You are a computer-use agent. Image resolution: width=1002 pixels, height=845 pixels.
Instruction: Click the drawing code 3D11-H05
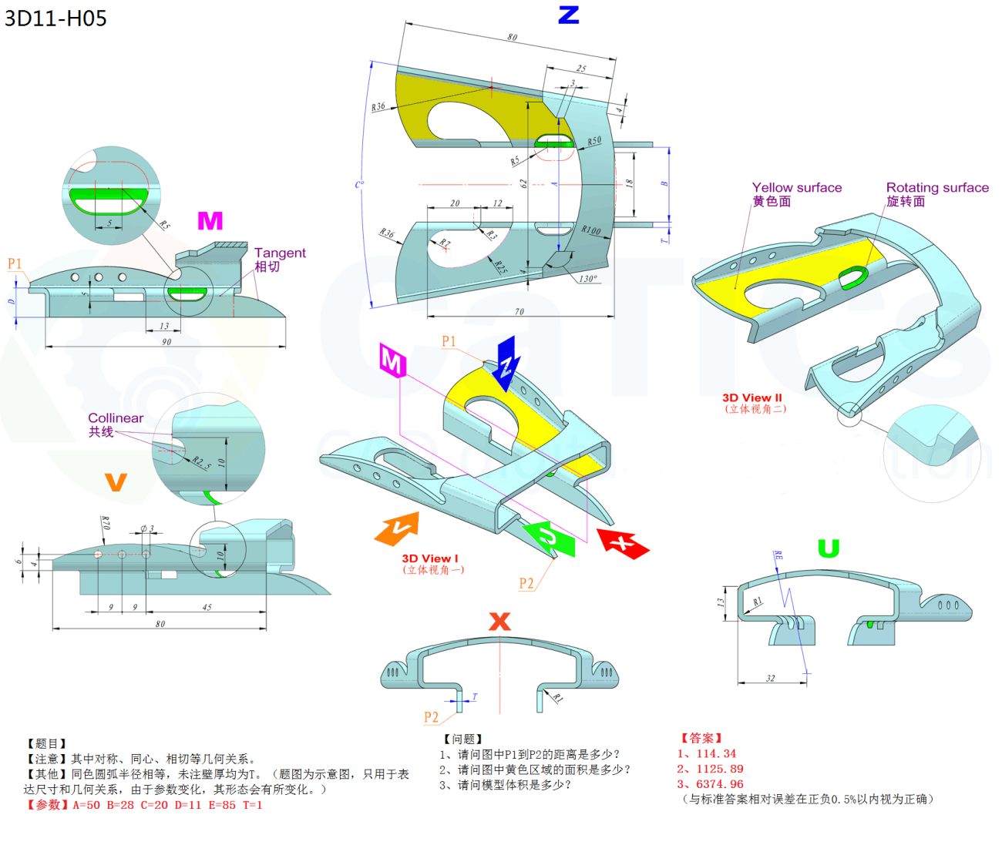(55, 18)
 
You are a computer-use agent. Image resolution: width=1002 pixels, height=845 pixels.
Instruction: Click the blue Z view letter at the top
(568, 15)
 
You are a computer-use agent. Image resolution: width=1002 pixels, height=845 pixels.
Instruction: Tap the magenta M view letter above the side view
(210, 221)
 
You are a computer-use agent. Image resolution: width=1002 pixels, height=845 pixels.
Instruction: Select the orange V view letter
(116, 482)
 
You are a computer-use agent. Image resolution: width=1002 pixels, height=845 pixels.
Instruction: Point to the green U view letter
(828, 548)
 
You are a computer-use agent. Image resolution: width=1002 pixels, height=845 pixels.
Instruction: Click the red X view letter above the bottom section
(499, 622)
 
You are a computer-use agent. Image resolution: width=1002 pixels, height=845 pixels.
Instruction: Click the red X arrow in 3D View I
(623, 542)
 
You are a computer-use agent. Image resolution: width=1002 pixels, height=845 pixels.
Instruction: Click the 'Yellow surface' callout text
(796, 187)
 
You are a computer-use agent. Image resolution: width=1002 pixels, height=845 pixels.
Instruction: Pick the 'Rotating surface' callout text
(936, 187)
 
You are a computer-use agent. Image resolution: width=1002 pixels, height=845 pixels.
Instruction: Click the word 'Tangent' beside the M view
(280, 253)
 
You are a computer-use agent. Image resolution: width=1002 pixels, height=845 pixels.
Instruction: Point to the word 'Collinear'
(116, 418)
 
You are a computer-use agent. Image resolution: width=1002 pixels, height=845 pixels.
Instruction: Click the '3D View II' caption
(751, 397)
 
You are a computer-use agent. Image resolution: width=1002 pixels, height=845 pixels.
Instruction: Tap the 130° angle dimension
(587, 279)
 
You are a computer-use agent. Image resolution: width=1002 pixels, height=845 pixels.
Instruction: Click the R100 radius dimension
(591, 230)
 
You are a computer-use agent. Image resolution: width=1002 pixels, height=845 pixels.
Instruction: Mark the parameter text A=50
(86, 805)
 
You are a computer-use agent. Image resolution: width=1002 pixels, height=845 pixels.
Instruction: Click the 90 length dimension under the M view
(166, 341)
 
